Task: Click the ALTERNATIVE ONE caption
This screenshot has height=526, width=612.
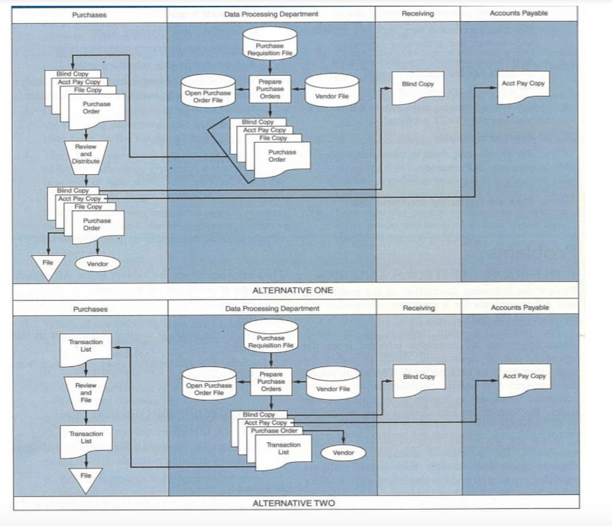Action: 292,290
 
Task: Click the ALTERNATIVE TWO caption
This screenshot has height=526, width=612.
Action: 293,503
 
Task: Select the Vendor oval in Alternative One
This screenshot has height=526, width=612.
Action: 97,264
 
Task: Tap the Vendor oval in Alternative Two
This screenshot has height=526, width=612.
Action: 343,453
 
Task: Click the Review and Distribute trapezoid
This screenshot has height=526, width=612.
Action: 86,154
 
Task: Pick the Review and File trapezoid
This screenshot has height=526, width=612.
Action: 86,393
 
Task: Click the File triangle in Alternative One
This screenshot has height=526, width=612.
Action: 48,264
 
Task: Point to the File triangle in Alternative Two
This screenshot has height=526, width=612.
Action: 86,478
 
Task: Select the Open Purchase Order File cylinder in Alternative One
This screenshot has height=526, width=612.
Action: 208,92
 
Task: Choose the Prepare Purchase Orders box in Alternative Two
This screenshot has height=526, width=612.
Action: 271,382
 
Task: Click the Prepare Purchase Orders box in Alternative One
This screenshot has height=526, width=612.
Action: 270,89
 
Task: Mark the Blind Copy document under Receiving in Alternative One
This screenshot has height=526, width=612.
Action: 417,86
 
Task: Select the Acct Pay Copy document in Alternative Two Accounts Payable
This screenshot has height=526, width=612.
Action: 524,379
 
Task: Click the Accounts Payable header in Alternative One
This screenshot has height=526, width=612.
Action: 519,13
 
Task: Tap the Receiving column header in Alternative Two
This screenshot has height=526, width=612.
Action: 419,308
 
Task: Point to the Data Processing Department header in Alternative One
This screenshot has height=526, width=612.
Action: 271,14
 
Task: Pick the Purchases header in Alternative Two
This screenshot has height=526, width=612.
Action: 90,309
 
